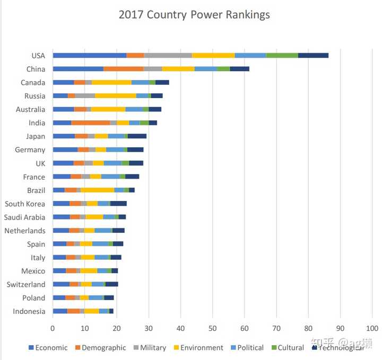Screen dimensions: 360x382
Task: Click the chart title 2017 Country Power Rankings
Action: (194, 15)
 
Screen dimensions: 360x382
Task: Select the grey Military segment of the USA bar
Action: (168, 55)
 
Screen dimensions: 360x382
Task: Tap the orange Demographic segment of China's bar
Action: (124, 69)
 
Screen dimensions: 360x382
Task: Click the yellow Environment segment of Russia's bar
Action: (116, 96)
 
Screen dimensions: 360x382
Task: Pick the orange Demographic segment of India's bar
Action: (91, 122)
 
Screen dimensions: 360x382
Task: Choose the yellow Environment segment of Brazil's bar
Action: (98, 190)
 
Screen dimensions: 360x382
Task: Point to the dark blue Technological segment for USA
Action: (313, 55)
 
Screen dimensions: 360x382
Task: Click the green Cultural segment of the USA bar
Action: (282, 55)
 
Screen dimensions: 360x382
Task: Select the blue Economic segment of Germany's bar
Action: (65, 150)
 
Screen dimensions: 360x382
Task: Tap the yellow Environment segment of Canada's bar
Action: (111, 82)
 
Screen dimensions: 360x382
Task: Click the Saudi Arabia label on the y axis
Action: (24, 217)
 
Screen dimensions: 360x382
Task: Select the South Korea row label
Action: (25, 204)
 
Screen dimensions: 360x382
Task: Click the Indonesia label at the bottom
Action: (29, 311)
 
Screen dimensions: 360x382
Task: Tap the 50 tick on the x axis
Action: (212, 328)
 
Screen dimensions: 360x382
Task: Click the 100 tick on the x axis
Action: (372, 328)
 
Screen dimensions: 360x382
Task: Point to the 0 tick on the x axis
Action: (53, 328)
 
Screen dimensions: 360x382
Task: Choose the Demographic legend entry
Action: (100, 348)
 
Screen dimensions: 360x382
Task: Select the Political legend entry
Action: (247, 348)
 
